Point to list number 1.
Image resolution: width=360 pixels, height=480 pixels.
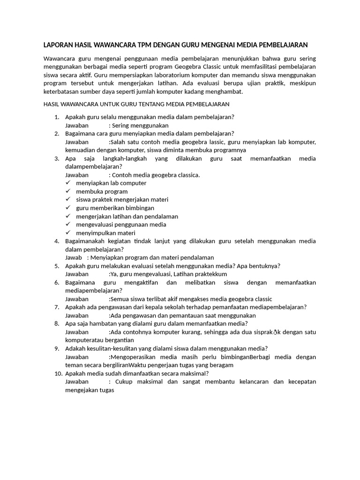click(56, 117)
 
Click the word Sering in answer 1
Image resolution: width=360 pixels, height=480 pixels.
click(121, 126)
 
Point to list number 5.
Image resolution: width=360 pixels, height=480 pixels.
click(56, 266)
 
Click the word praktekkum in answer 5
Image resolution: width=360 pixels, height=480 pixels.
click(211, 274)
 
